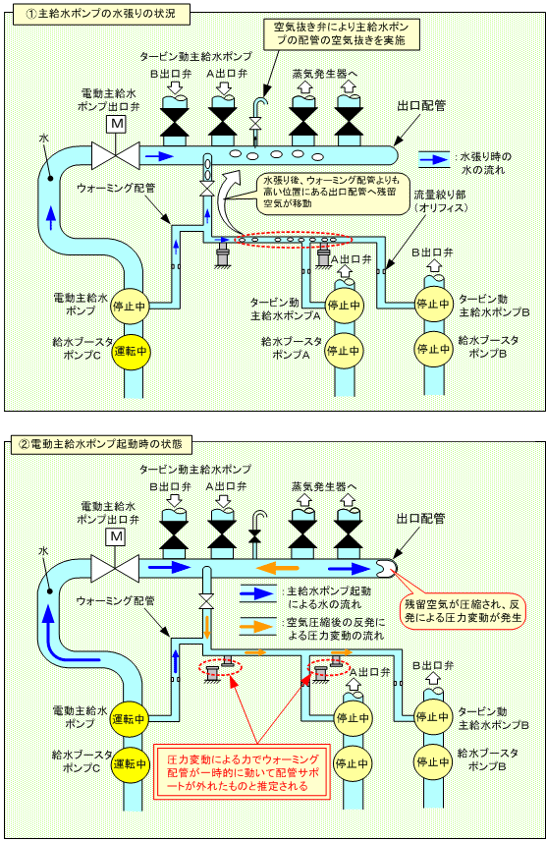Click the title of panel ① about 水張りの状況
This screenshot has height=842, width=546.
pos(101,14)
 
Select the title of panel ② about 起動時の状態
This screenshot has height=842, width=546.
pos(101,444)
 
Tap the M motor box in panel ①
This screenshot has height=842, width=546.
pos(117,125)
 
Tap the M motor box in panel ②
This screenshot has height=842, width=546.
pos(116,537)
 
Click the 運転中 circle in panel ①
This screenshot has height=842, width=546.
pos(130,351)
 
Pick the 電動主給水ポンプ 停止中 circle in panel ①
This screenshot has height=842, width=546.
pos(130,307)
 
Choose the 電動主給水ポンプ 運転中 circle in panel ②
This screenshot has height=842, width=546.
pos(129,718)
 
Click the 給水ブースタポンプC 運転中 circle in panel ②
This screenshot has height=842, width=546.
pos(129,763)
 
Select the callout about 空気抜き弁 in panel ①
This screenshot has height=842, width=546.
pos(341,33)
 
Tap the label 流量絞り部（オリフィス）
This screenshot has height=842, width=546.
pos(440,200)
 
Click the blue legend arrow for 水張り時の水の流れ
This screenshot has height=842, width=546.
pos(433,159)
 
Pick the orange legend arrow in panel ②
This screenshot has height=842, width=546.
pos(257,626)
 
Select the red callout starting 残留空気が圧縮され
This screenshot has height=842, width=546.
pos(463,610)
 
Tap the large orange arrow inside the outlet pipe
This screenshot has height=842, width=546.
pos(277,567)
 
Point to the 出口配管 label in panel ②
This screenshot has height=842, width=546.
pos(421,519)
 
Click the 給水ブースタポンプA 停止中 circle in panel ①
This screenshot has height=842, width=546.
pos(344,351)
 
